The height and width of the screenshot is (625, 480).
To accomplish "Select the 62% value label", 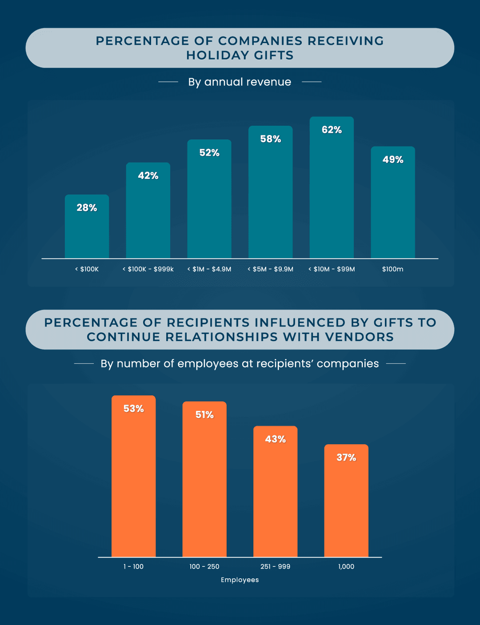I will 332,130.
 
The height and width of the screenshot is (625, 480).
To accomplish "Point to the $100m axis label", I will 392,269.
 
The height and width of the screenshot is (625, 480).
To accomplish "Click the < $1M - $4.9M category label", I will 209,269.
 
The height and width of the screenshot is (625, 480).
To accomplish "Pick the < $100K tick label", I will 87,269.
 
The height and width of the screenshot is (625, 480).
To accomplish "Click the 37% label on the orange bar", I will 346,458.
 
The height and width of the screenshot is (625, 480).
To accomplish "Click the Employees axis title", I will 240,580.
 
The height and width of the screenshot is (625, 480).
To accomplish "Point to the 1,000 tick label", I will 346,566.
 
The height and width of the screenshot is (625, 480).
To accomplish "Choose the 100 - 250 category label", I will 204,566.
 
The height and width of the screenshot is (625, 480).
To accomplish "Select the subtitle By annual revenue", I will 240,82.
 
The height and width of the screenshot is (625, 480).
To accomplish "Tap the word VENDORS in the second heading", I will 359,337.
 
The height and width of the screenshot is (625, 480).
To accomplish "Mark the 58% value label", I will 270,139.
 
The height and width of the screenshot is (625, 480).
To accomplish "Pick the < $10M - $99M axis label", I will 332,269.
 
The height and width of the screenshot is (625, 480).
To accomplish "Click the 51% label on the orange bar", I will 204,414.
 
